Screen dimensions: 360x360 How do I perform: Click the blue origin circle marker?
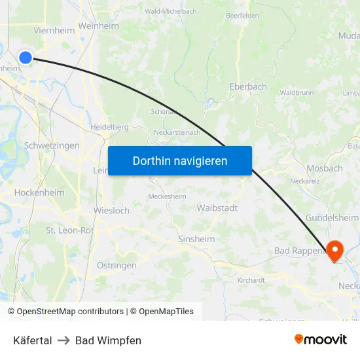coord(26,58)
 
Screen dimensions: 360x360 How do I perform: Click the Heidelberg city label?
coord(109,126)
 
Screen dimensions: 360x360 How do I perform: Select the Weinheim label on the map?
coord(98,26)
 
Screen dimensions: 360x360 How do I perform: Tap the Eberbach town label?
coord(248,86)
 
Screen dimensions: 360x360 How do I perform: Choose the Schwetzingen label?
coord(51,145)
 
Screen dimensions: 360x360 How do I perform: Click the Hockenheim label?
coord(39,192)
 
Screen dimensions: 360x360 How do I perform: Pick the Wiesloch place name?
coord(111,211)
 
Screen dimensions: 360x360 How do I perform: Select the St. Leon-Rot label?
coord(69,230)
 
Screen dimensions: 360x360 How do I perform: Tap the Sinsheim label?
coord(196,239)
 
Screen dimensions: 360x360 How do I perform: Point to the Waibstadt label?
coord(217,207)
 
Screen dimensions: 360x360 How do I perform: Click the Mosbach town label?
coord(324,168)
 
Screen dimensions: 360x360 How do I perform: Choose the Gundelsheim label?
coord(333,217)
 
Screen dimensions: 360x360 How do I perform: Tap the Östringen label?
coord(117,265)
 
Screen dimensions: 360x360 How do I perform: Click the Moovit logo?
coord(320,339)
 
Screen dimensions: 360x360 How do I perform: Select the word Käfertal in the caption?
coord(32,340)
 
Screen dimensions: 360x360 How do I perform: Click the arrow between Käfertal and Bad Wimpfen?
coord(63,340)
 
